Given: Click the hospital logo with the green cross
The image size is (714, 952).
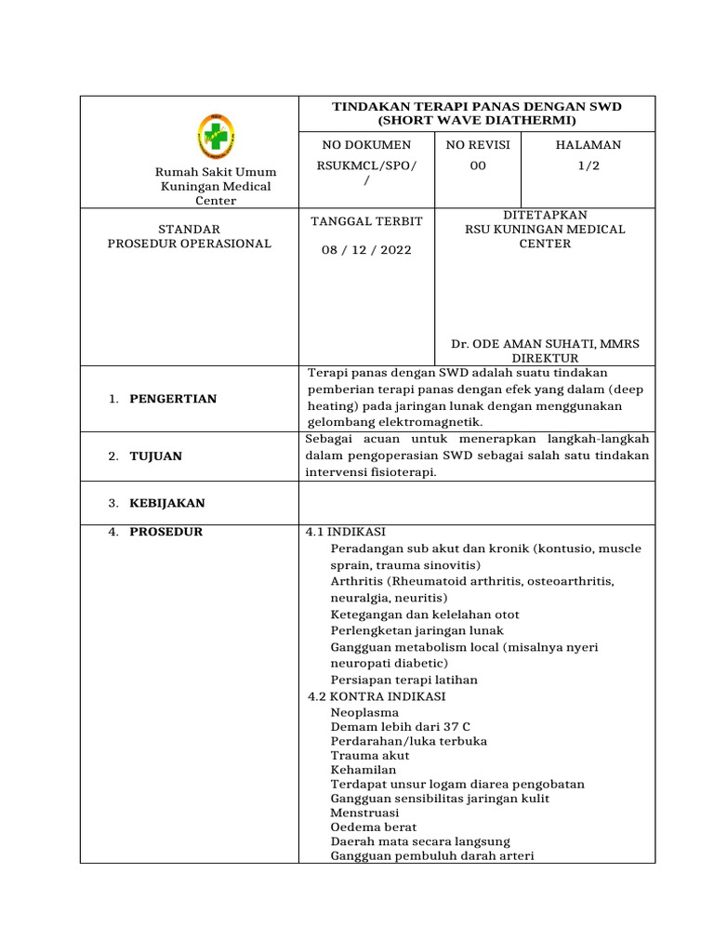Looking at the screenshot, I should click(216, 137).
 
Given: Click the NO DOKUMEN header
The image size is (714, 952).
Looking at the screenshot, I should click(365, 145).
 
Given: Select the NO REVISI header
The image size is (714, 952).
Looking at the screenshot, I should click(479, 145).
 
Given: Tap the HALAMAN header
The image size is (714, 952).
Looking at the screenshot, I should click(588, 145).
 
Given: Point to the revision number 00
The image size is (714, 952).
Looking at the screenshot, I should click(477, 165).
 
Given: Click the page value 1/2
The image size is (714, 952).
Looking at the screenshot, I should click(588, 165).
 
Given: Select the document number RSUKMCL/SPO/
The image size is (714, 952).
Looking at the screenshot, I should click(367, 165).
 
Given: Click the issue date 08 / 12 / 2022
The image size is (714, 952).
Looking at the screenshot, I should click(365, 250).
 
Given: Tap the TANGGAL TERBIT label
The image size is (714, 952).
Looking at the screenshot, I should click(365, 221).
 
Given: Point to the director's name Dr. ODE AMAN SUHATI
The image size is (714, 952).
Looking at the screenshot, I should click(545, 344).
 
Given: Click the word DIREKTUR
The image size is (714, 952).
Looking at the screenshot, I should click(546, 358).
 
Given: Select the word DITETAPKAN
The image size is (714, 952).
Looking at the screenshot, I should click(545, 215).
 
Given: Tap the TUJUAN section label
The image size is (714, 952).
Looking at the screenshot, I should click(155, 456).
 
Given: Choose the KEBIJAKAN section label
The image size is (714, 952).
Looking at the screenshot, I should click(168, 503).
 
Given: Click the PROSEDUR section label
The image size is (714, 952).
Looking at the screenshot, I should click(166, 533).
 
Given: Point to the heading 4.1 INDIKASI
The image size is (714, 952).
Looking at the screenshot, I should click(345, 533).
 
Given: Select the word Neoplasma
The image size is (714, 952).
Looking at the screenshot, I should click(364, 713).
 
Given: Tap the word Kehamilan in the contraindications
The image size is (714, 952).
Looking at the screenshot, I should click(364, 770).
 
